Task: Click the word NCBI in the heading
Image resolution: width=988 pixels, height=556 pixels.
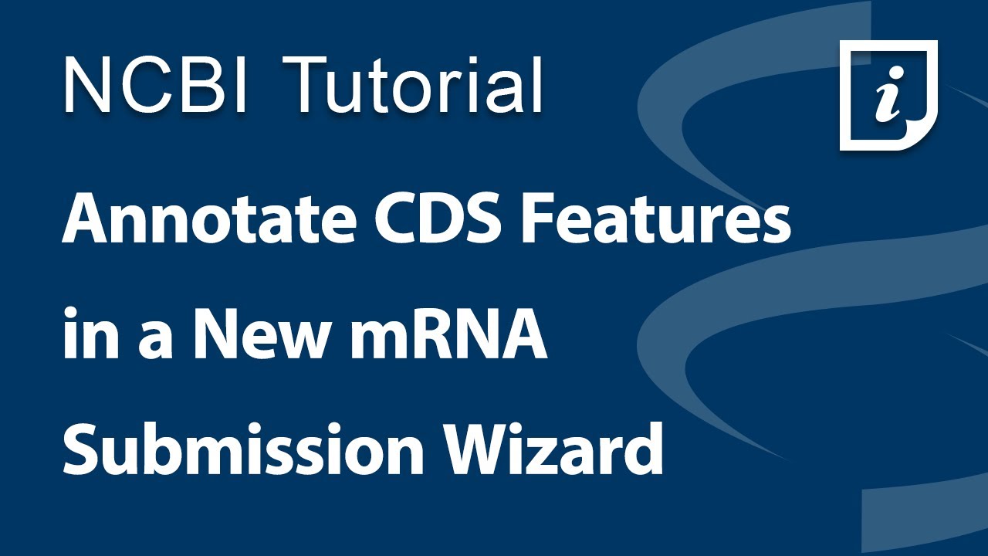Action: click(155, 85)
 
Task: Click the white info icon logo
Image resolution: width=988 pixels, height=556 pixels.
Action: click(888, 95)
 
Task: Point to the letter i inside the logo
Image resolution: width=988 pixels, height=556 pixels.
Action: click(888, 99)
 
